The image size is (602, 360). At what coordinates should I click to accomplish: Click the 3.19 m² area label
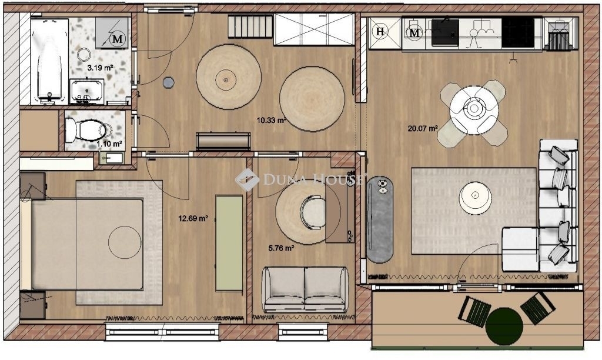coord(100,68)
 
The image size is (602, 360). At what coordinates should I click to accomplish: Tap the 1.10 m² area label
coord(109,144)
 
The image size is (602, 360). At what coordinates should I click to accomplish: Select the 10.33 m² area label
coord(272,120)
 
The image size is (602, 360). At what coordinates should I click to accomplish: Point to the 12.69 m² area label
coord(193,219)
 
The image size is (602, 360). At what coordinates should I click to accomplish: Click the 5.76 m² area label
coord(282,248)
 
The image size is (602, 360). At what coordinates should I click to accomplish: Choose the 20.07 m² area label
coord(423,128)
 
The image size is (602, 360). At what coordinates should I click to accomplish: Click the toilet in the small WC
coord(86,130)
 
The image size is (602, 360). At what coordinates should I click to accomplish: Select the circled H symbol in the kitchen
coord(380,32)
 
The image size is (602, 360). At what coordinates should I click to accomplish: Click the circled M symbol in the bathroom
coord(118,39)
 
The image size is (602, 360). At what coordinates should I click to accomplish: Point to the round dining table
coord(474,110)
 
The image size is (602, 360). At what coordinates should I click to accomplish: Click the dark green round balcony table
coord(504,327)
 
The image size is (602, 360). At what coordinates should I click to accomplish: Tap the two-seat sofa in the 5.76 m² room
coord(305,289)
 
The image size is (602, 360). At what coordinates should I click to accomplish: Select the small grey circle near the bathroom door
coord(168,82)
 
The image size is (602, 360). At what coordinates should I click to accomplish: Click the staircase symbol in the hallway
coord(250,26)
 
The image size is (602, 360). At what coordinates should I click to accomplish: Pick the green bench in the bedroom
coord(229,244)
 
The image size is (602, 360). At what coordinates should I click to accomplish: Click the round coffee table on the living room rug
coord(475,198)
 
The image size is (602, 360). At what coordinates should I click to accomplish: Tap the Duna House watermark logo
coord(247,179)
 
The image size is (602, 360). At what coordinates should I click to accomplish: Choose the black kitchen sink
coord(445,33)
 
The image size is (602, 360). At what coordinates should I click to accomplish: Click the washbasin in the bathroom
coord(87,91)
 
